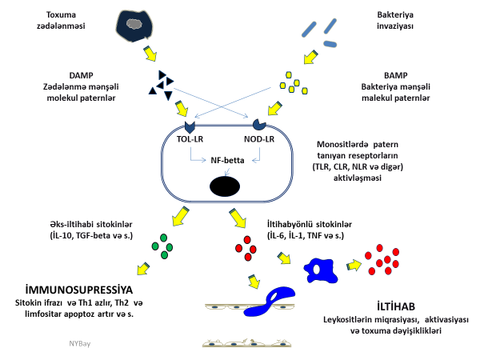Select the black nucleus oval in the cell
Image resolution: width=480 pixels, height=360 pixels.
[225, 186]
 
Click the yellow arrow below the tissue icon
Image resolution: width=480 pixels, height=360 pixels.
[150, 54]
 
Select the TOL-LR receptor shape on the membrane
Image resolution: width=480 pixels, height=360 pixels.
[190, 126]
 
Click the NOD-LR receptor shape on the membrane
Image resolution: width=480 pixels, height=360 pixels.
[261, 125]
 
